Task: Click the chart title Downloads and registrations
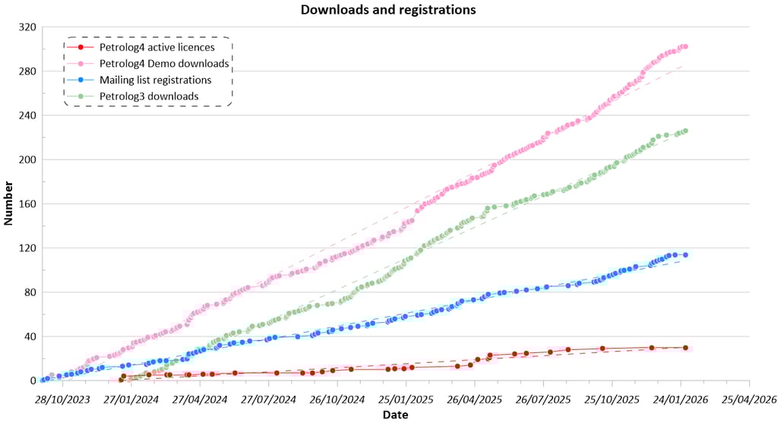tap(388, 10)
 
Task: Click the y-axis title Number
tap(9, 204)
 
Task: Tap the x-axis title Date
tap(394, 415)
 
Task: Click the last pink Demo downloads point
tap(685, 47)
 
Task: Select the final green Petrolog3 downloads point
tap(685, 131)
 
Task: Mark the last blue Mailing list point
tap(685, 255)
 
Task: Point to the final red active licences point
tap(685, 348)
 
